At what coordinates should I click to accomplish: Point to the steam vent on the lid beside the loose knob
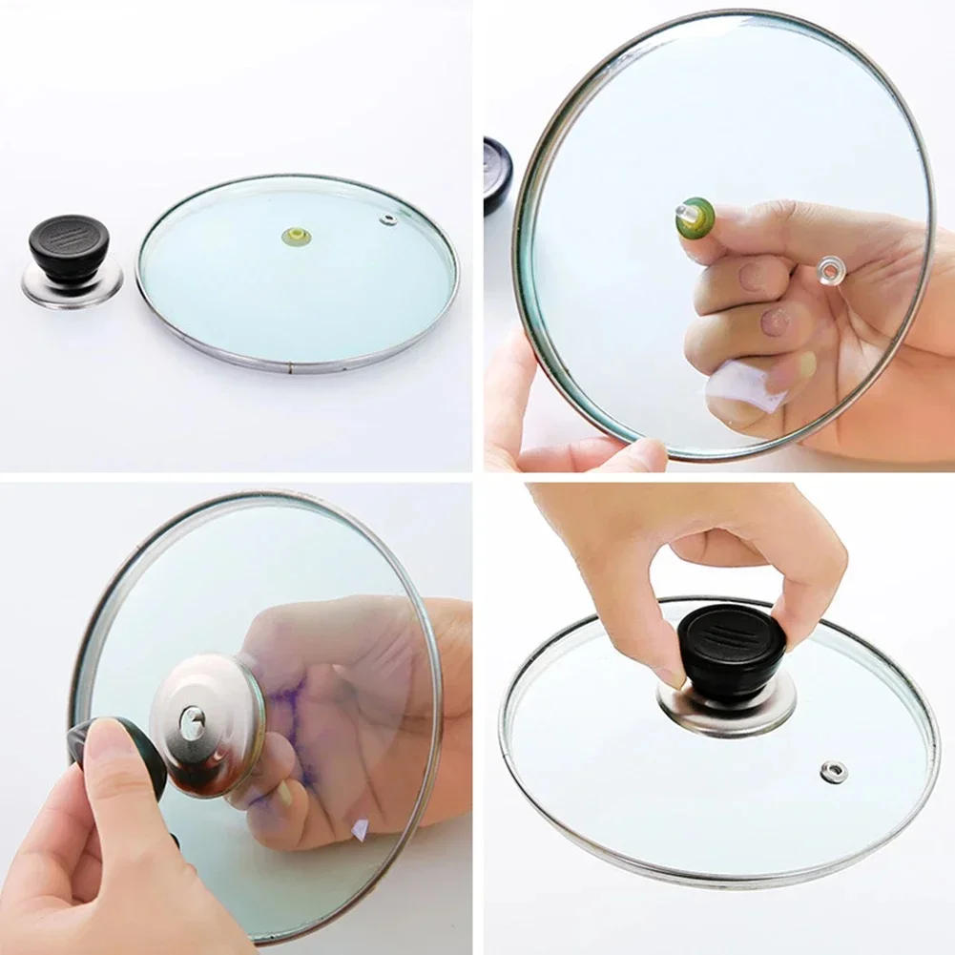pyautogui.click(x=387, y=220)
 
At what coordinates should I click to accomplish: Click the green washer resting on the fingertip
pyautogui.click(x=696, y=218)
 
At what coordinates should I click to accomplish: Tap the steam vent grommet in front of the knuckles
pyautogui.click(x=831, y=271)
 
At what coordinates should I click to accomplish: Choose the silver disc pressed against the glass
pyautogui.click(x=207, y=724)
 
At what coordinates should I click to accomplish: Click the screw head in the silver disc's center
pyautogui.click(x=194, y=721)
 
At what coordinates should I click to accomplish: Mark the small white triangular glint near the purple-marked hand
pyautogui.click(x=360, y=829)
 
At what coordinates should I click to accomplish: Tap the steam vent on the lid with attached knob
pyautogui.click(x=834, y=770)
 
